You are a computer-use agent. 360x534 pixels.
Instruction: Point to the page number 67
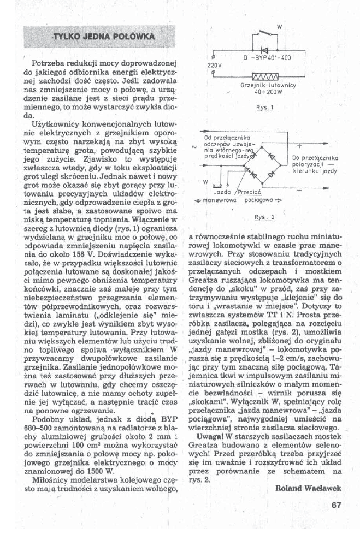point(336,505)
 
